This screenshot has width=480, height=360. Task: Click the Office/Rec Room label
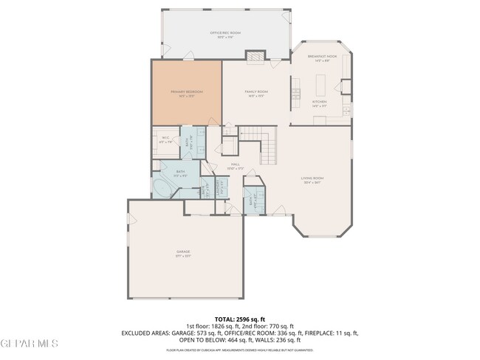(x=225, y=34)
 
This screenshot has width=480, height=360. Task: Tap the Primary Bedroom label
(x=186, y=92)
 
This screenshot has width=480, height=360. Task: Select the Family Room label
(x=256, y=92)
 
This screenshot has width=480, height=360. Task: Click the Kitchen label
(x=319, y=103)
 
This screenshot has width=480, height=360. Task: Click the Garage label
(x=183, y=253)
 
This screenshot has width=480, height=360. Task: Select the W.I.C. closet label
(x=165, y=141)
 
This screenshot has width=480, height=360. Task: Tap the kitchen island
(x=295, y=94)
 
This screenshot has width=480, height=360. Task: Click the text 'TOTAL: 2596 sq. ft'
(x=240, y=319)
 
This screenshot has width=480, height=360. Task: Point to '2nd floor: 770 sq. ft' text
(x=269, y=326)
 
